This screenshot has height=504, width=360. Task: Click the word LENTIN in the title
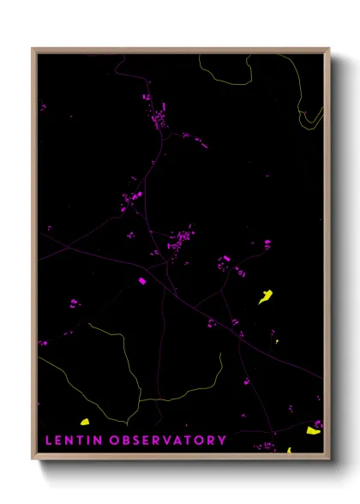coord(74,440)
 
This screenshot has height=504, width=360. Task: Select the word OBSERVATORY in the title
coord(169,440)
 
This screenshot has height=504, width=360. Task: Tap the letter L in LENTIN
coord(48,440)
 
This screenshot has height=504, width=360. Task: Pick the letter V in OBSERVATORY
coord(167,440)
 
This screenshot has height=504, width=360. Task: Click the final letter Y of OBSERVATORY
coord(223,440)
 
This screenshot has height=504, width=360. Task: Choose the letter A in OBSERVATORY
coord(179,440)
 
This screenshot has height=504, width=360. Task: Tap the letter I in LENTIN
coord(90,440)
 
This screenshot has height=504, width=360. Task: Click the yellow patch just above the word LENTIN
coord(85,422)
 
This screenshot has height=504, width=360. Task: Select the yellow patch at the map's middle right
coord(266,297)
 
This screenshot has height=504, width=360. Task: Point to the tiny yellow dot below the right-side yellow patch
coord(277,342)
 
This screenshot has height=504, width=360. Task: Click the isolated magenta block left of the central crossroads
coord(142,280)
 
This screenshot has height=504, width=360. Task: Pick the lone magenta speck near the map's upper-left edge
coord(42,107)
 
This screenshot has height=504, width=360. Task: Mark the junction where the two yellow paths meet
coord(139,400)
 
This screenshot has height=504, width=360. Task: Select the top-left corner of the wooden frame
coord(33,49)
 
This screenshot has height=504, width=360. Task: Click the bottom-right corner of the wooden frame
coord(328,455)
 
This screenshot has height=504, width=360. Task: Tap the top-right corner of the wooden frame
coord(328,49)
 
